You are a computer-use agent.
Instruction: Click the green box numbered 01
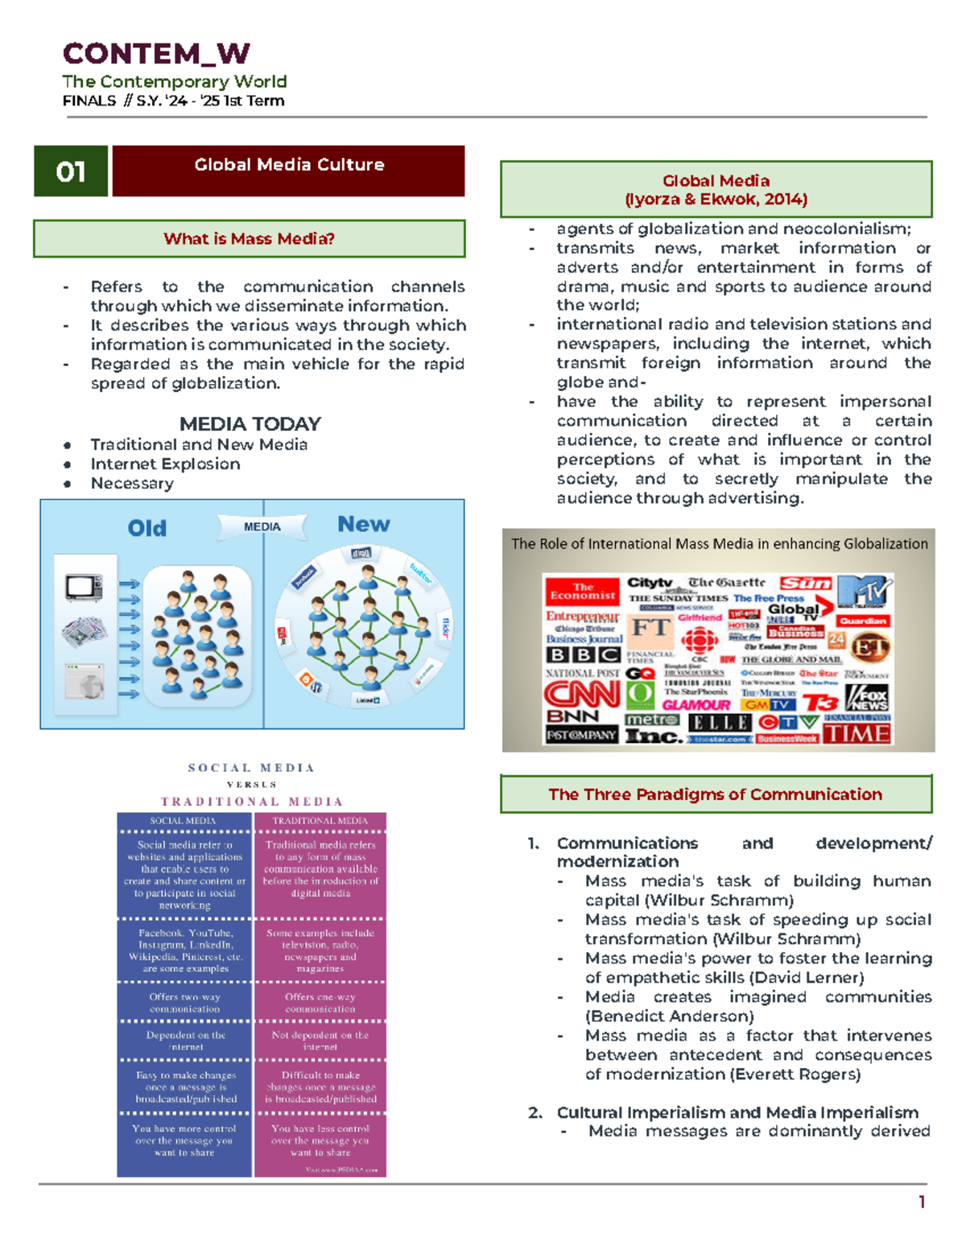tap(71, 171)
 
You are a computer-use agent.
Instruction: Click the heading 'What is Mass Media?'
tap(249, 239)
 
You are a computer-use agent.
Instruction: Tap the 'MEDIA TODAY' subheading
tap(250, 424)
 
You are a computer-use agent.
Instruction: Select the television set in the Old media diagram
tap(84, 586)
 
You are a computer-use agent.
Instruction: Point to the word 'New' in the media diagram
tap(363, 525)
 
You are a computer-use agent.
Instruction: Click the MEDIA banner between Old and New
tap(262, 526)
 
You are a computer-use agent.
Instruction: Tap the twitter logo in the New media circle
tap(420, 573)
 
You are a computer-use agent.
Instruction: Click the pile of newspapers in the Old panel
tap(84, 632)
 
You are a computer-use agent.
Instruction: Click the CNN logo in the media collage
tap(581, 693)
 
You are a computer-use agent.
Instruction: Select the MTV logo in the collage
tap(865, 592)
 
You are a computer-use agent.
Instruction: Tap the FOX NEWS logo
tap(868, 696)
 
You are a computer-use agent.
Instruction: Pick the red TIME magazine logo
tap(857, 733)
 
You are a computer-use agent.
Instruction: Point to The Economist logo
tap(582, 592)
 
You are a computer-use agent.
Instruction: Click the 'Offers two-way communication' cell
tap(184, 1003)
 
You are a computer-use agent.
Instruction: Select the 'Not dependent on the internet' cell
tap(320, 1041)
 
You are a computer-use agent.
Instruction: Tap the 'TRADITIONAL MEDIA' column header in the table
tap(320, 821)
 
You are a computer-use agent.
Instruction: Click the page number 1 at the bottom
tap(922, 1203)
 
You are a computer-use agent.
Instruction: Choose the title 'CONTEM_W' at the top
tap(156, 54)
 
